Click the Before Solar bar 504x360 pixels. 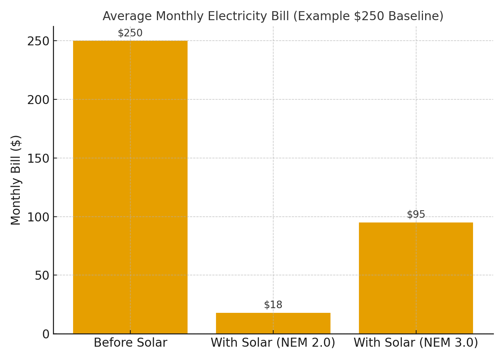(x=130, y=187)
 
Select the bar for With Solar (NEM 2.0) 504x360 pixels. (x=273, y=323)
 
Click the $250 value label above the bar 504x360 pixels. (x=130, y=33)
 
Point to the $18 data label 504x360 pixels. (x=273, y=305)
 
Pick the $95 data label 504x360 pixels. (x=416, y=215)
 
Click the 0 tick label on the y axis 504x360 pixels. (x=46, y=334)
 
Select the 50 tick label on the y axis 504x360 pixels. (x=41, y=275)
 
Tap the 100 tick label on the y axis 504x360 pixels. (x=38, y=217)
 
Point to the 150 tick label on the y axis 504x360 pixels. (x=38, y=158)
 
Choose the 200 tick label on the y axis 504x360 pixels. (x=38, y=99)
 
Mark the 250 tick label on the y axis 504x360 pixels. (x=38, y=41)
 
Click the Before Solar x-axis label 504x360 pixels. (x=130, y=343)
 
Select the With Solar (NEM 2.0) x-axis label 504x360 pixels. (x=273, y=343)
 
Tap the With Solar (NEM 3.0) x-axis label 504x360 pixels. (x=416, y=343)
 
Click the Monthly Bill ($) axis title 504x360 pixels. (x=16, y=180)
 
